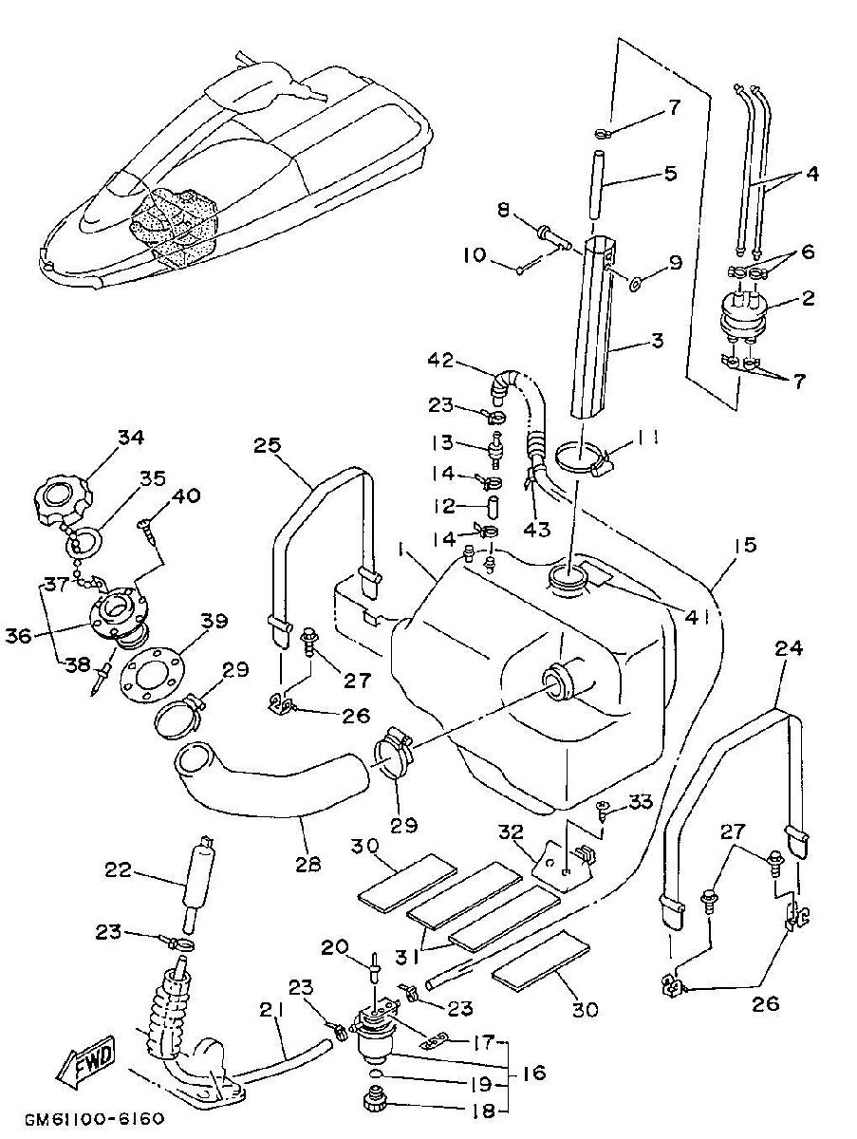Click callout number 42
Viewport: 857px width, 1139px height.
pos(441,359)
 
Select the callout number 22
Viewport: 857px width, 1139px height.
pos(118,868)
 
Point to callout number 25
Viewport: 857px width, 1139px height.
pos(268,446)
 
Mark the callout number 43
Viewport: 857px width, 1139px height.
pos(537,529)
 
